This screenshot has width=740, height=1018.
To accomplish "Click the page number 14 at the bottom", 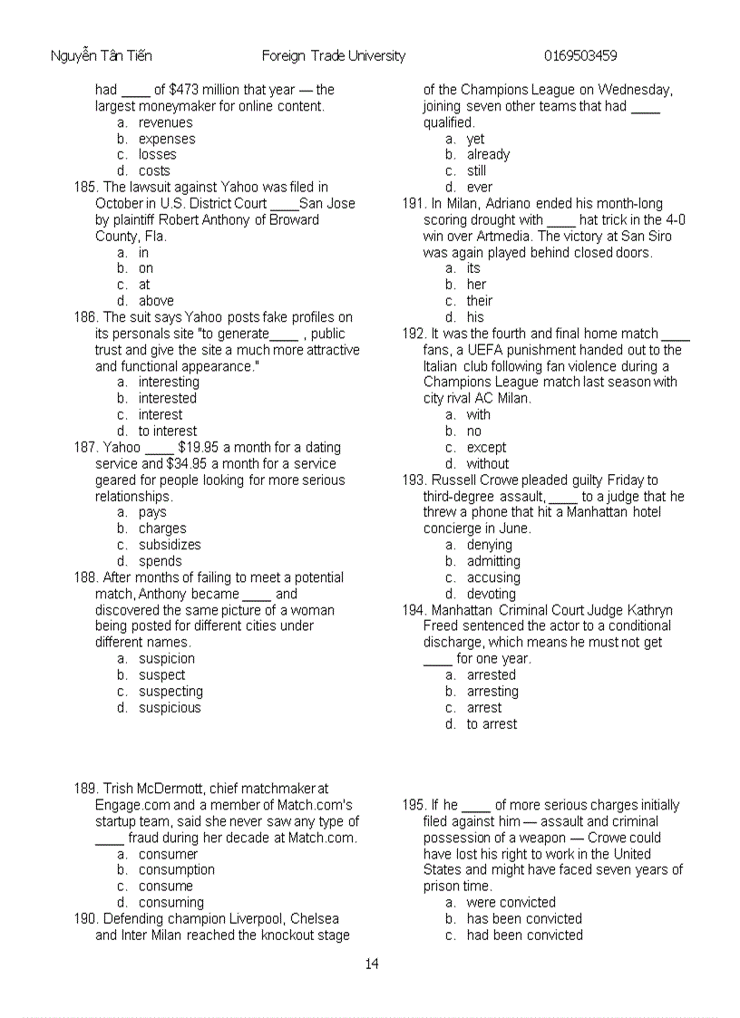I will (x=372, y=964).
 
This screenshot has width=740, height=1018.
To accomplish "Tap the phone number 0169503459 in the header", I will (x=580, y=56).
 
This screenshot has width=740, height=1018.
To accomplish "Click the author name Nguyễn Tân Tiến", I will (x=101, y=56).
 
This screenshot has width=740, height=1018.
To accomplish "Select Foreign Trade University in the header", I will (x=333, y=56).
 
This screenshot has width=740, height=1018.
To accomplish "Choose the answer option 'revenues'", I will (x=165, y=122).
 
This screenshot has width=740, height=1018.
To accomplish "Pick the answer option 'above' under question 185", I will (x=156, y=301).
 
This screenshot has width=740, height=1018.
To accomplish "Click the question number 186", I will (x=84, y=317).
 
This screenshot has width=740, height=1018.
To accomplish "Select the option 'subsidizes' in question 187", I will (x=170, y=545).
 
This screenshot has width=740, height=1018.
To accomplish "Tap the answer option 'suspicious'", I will (x=170, y=708).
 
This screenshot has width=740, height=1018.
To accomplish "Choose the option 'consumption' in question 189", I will (x=176, y=870).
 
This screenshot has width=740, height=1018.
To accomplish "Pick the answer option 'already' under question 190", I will (x=488, y=155).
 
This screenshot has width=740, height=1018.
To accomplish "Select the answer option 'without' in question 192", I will (x=488, y=464).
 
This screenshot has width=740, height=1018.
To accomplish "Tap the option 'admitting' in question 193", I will (x=493, y=561).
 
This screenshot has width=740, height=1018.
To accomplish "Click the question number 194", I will (x=414, y=610).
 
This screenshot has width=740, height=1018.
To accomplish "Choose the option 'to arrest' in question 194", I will (x=492, y=724).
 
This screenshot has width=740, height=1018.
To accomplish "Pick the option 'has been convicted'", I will (x=524, y=919).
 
